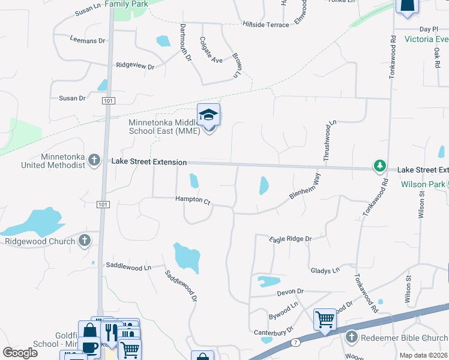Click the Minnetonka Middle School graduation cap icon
pos(208,115)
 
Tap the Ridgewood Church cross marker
pos(85,241)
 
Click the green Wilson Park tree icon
pos(379,165)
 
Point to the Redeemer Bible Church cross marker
pos(352,338)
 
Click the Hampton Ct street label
pos(192,200)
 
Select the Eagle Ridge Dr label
pos(291,239)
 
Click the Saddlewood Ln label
pos(128,266)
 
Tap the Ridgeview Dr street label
pos(135,65)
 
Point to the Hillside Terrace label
pos(265,25)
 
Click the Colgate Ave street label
pos(211,52)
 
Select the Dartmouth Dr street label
pos(185,43)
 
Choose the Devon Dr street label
pos(291,292)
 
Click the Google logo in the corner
pos(20,353)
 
